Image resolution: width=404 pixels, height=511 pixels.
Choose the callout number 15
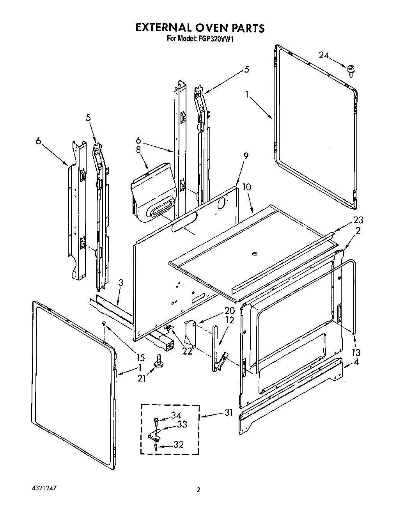(140, 357)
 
